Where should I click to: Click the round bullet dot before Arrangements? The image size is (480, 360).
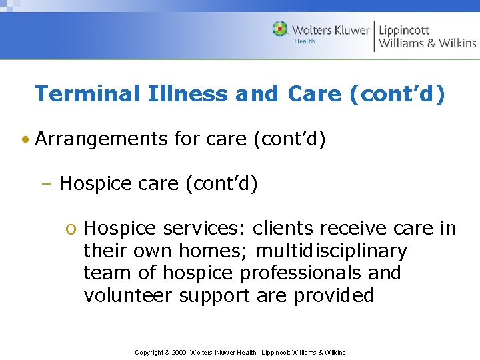click(25, 140)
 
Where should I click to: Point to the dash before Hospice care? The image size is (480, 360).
click(51, 183)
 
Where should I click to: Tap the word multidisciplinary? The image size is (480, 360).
click(331, 251)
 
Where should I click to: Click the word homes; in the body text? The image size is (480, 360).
click(213, 251)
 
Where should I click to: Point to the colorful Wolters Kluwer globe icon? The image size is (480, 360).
click(280, 29)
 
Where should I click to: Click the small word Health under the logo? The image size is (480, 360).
click(304, 41)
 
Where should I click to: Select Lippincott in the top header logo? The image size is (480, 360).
click(404, 30)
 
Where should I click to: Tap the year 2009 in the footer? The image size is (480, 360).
click(179, 352)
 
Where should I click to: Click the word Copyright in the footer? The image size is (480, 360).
click(150, 352)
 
